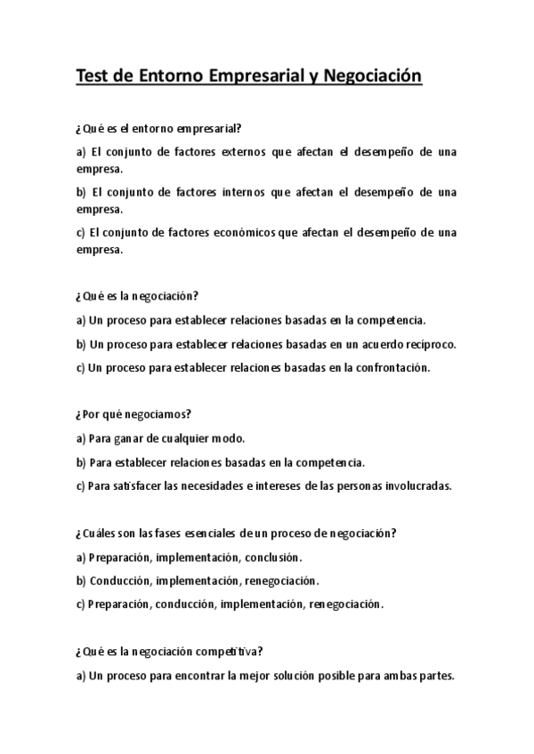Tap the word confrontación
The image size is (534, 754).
tap(392, 366)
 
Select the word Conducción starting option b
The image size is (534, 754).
tap(120, 581)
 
